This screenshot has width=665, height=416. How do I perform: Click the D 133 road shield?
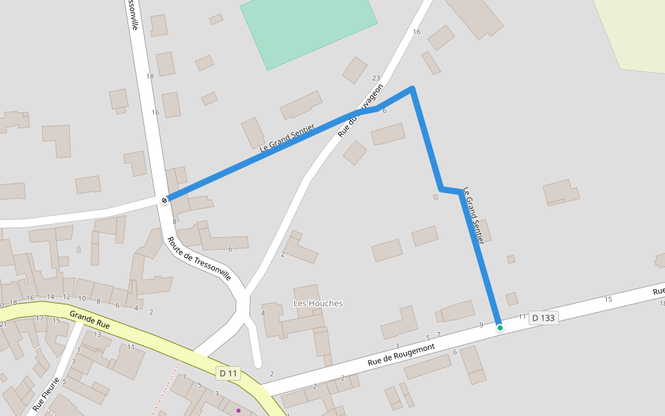pos(543,318)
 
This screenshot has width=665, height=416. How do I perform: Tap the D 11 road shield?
pos(228,374)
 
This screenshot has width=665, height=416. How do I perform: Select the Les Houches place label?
pos(318,304)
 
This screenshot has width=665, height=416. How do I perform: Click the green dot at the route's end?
pos(499,328)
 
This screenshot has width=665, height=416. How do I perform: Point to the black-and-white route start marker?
pos(164,200)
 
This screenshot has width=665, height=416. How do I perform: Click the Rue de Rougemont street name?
pos(401,354)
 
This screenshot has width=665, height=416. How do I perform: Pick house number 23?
pos(376,78)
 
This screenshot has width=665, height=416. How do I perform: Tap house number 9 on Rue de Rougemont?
pos(481,325)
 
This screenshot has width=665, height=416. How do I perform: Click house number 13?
pos(98,335)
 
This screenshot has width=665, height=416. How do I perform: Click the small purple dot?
pos(238,410)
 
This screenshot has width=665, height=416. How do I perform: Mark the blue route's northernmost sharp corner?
pos(412,88)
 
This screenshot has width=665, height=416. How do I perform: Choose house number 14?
pos(51,297)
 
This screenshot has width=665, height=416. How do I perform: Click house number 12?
pos(66,297)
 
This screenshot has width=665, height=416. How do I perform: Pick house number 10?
pos(82,300)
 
